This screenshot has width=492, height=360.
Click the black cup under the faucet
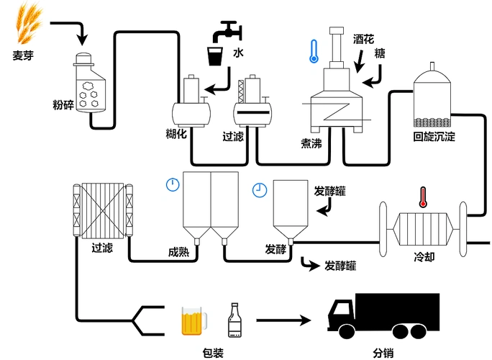pyautogui.click(x=214, y=56)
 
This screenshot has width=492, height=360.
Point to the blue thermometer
pyautogui.click(x=312, y=51)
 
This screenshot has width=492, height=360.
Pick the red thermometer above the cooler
pyautogui.click(x=423, y=197)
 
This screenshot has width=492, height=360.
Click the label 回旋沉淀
pyautogui.click(x=434, y=136)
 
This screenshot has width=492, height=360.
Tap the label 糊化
pyautogui.click(x=177, y=135)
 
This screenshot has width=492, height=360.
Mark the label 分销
pyautogui.click(x=383, y=352)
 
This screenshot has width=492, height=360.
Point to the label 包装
pyautogui.click(x=214, y=352)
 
